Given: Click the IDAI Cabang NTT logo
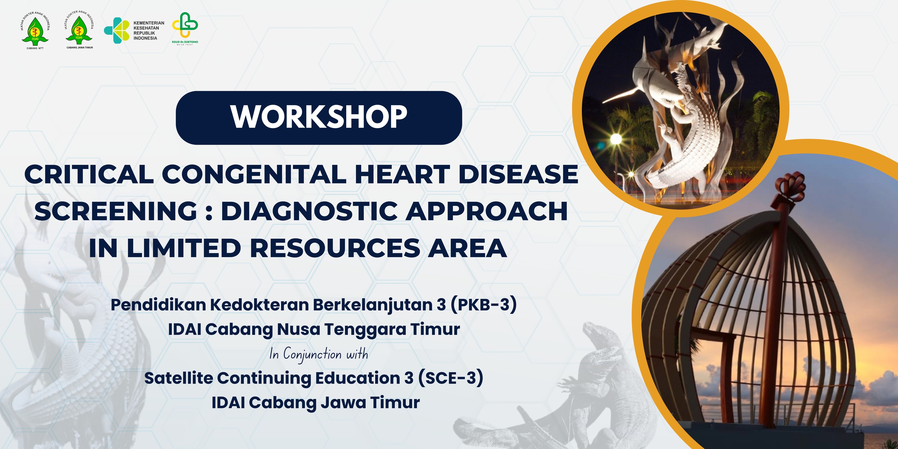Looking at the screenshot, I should (x=35, y=30).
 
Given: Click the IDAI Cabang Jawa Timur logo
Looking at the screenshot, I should (x=79, y=30).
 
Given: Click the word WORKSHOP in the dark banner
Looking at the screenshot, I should (x=319, y=117).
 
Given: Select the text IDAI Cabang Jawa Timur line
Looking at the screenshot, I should (x=316, y=403).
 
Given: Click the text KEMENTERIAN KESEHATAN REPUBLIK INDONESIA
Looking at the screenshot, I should (x=149, y=31).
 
